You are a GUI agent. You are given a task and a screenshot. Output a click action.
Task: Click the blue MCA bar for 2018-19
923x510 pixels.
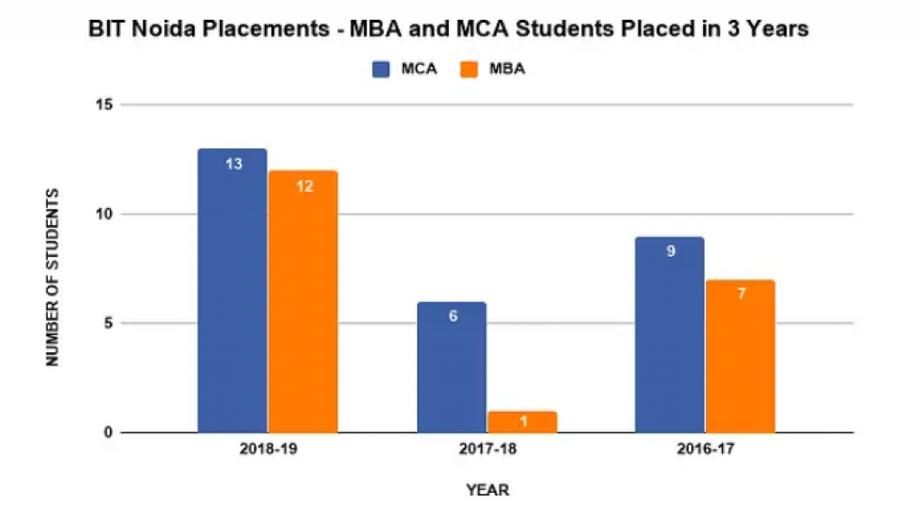(x=233, y=297)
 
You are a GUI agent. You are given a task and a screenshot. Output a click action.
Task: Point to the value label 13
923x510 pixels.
(x=233, y=165)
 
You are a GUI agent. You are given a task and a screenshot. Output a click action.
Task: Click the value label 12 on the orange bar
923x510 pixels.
(x=304, y=187)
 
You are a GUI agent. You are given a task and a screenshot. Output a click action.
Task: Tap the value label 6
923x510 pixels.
(x=452, y=317)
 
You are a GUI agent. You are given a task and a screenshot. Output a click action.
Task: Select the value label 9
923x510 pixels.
(x=671, y=251)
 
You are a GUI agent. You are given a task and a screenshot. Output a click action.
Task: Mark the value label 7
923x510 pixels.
(x=741, y=296)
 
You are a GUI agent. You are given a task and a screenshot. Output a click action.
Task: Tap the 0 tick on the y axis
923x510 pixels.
(x=107, y=433)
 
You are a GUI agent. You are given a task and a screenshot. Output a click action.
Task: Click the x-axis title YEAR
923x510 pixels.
(x=488, y=490)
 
